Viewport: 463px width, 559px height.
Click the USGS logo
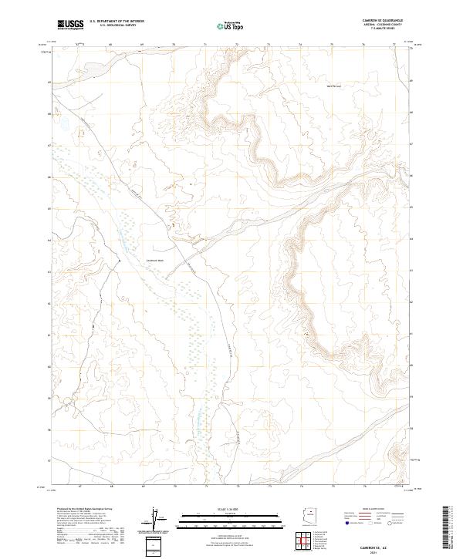(70, 25)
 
